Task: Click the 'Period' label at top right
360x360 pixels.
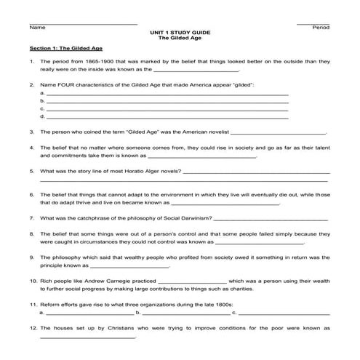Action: click(x=321, y=28)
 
